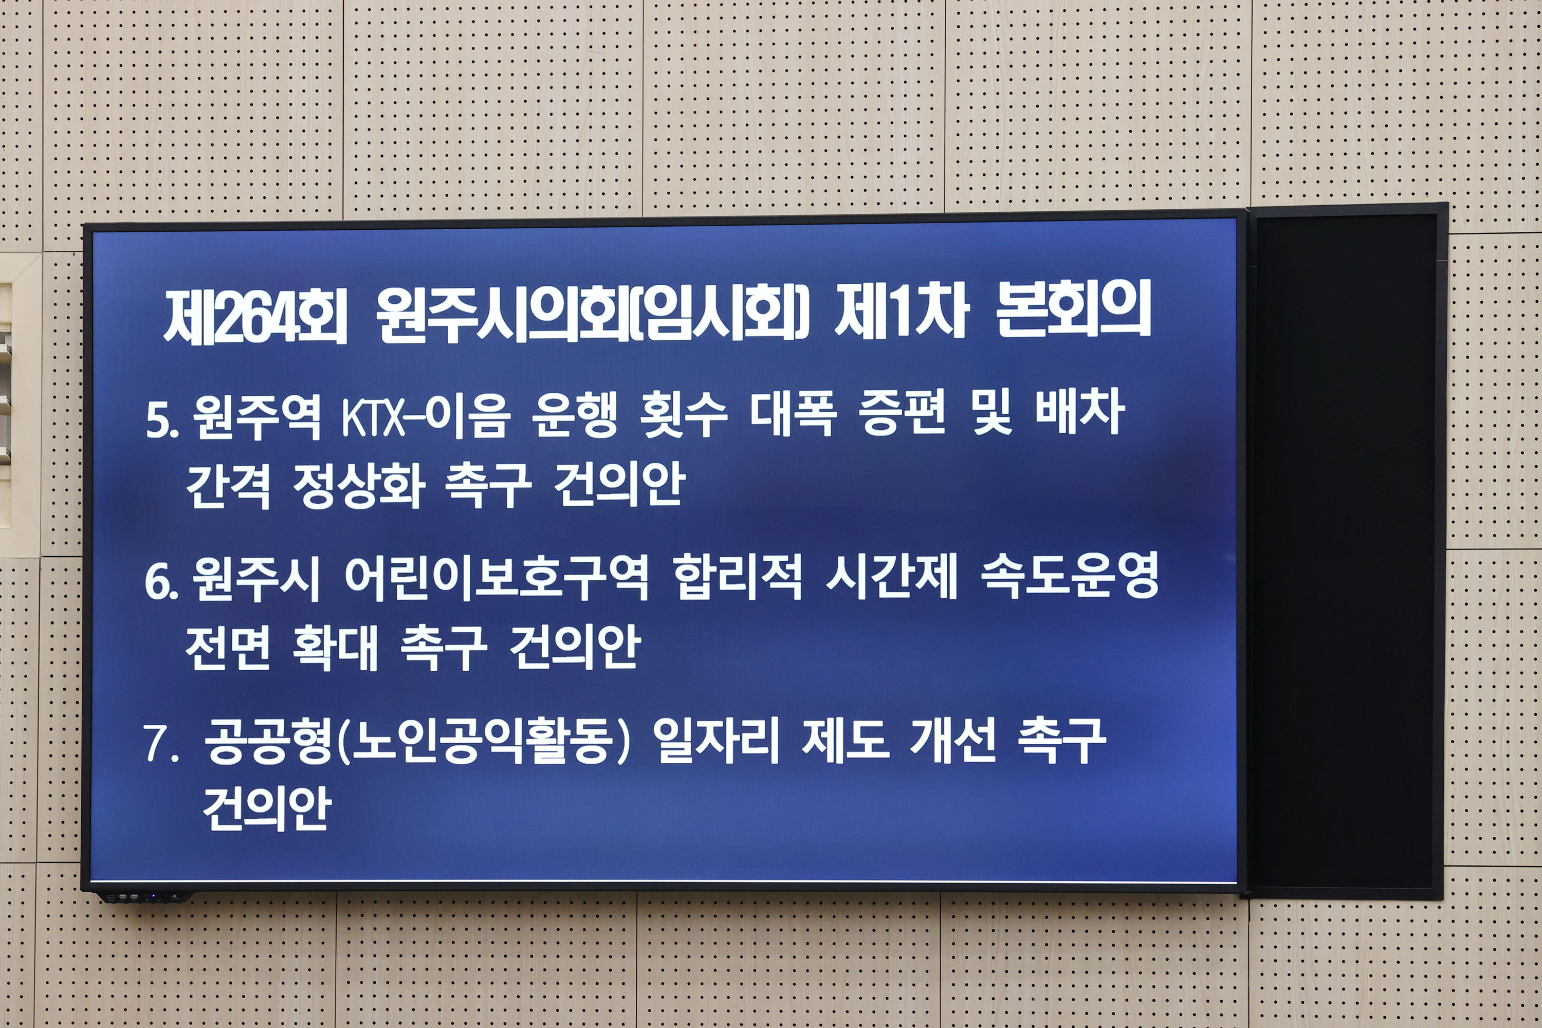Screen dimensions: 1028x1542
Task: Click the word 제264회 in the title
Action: pyautogui.click(x=255, y=317)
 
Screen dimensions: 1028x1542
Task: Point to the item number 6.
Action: pyautogui.click(x=160, y=581)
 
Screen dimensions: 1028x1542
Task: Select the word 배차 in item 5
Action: pyautogui.click(x=1079, y=413)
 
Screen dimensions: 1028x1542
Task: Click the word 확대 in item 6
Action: pyautogui.click(x=335, y=648)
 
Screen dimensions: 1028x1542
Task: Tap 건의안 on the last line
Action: pyautogui.click(x=266, y=809)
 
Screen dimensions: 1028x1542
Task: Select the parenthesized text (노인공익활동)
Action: pyautogui.click(x=483, y=742)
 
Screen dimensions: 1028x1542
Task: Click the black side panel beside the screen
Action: pyautogui.click(x=1344, y=550)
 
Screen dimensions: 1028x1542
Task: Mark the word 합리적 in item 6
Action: pyautogui.click(x=738, y=578)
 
